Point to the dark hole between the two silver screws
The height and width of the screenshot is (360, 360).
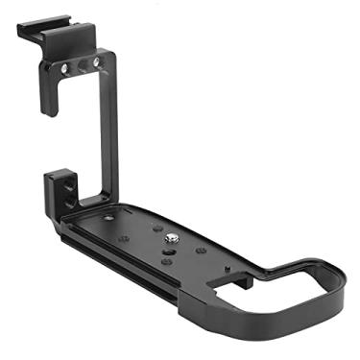click(x=81, y=63)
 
